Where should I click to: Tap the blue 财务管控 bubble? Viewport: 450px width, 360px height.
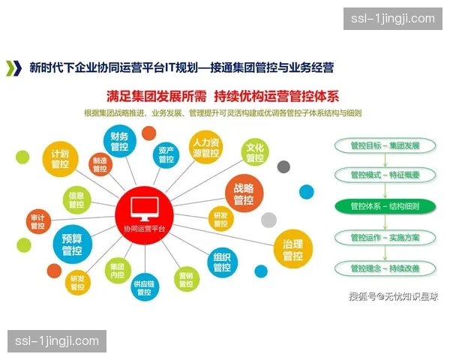(120, 142)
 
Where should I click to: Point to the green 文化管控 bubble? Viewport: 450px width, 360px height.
(255, 152)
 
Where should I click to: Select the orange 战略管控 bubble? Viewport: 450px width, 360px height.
(244, 194)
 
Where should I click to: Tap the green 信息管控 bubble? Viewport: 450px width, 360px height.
(76, 199)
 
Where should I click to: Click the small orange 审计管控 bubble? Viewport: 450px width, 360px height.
(37, 222)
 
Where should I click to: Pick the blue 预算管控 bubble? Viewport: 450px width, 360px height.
(72, 245)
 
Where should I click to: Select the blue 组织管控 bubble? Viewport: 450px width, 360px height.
(222, 262)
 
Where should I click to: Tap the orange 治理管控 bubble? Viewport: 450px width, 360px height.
(292, 250)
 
